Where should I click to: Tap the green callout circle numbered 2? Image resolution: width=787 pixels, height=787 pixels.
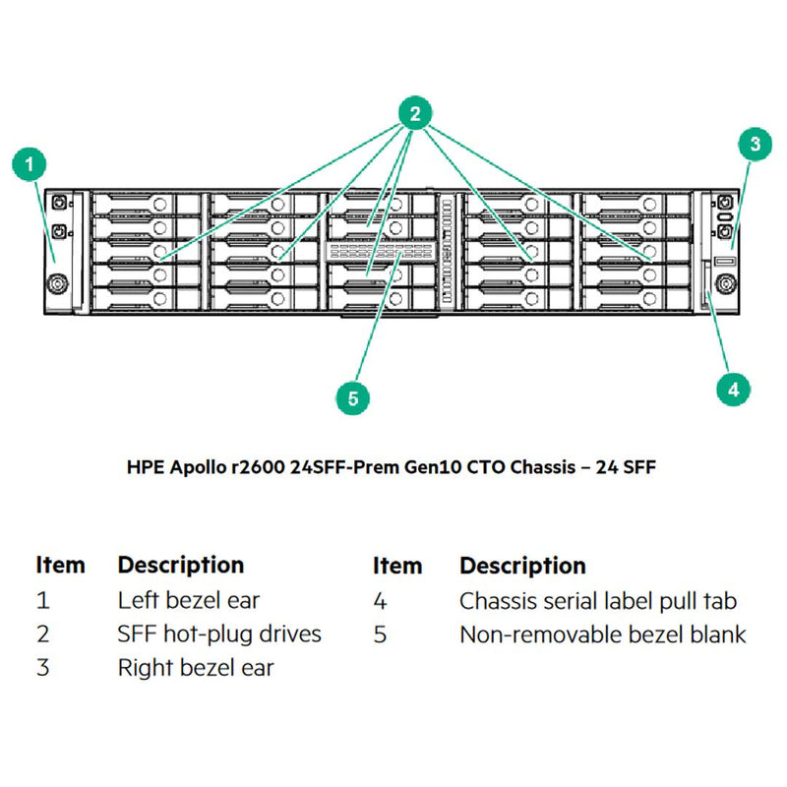[x=414, y=115]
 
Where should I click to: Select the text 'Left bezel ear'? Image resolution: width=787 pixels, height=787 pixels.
[x=189, y=600]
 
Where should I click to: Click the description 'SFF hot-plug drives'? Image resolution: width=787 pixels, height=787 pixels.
[x=219, y=635]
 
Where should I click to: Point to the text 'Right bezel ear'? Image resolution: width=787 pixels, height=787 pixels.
[x=196, y=668]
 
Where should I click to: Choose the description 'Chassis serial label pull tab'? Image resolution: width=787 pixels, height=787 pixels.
[x=598, y=600]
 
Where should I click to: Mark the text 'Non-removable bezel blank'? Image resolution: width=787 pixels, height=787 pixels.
[x=602, y=635]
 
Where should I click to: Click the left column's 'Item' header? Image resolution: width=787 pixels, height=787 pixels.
[x=60, y=566]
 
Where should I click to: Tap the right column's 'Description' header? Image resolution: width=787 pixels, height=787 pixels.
[x=522, y=566]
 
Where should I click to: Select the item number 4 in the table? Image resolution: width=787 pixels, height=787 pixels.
[x=380, y=600]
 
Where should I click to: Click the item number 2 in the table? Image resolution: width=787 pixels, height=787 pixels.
[x=43, y=635]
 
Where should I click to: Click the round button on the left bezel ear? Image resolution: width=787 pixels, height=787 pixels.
[x=57, y=281]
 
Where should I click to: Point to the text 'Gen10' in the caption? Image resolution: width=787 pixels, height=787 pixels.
[x=429, y=468]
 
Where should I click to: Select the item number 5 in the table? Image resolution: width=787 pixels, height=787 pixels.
[x=380, y=635]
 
